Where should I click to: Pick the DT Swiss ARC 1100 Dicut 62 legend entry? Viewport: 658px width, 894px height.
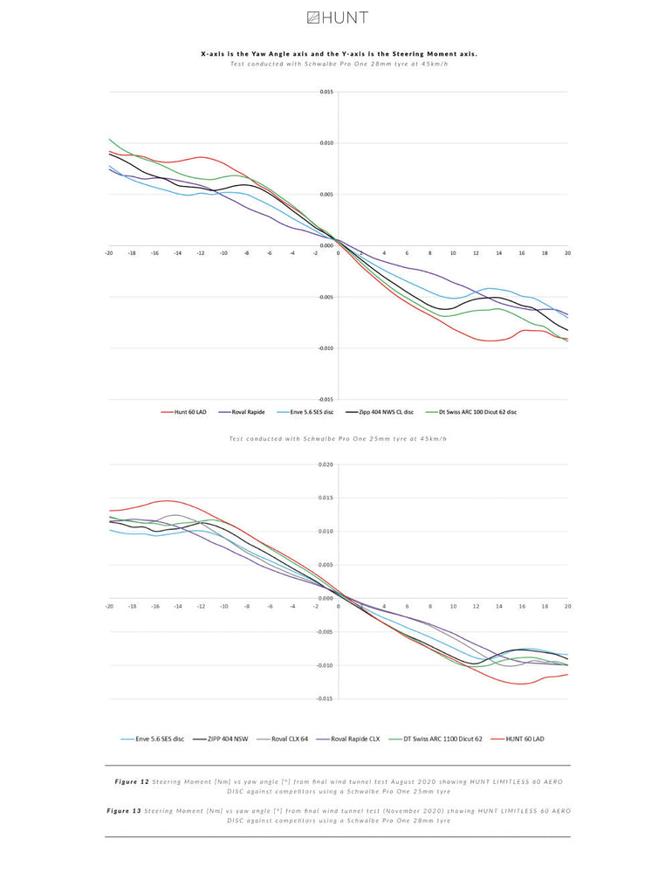(442, 739)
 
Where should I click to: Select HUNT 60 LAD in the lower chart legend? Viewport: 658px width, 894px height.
(524, 739)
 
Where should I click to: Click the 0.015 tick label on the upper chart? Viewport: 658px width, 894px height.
(326, 92)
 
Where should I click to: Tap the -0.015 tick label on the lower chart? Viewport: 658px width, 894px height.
(324, 698)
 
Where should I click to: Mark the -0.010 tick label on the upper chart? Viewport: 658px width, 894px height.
(324, 348)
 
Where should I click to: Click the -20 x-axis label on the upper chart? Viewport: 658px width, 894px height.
(109, 252)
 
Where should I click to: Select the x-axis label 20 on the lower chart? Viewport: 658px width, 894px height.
(567, 605)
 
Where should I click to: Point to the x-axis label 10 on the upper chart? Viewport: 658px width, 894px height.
(453, 252)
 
